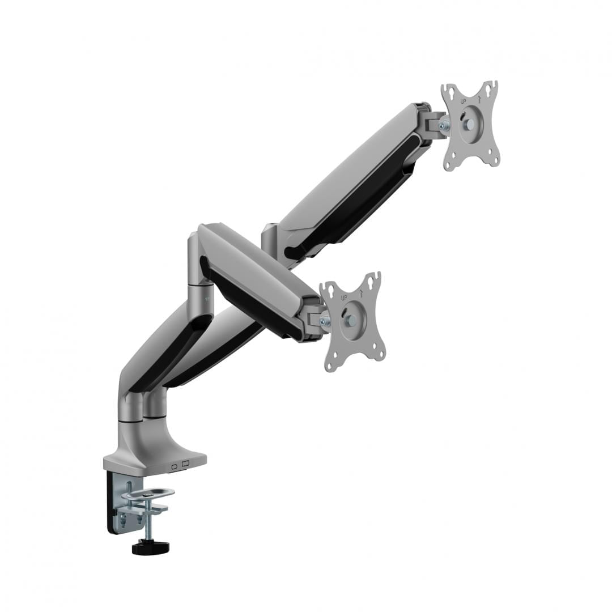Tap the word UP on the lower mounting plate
(343, 297)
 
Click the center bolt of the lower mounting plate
(350, 320)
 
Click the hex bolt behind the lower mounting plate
(325, 321)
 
